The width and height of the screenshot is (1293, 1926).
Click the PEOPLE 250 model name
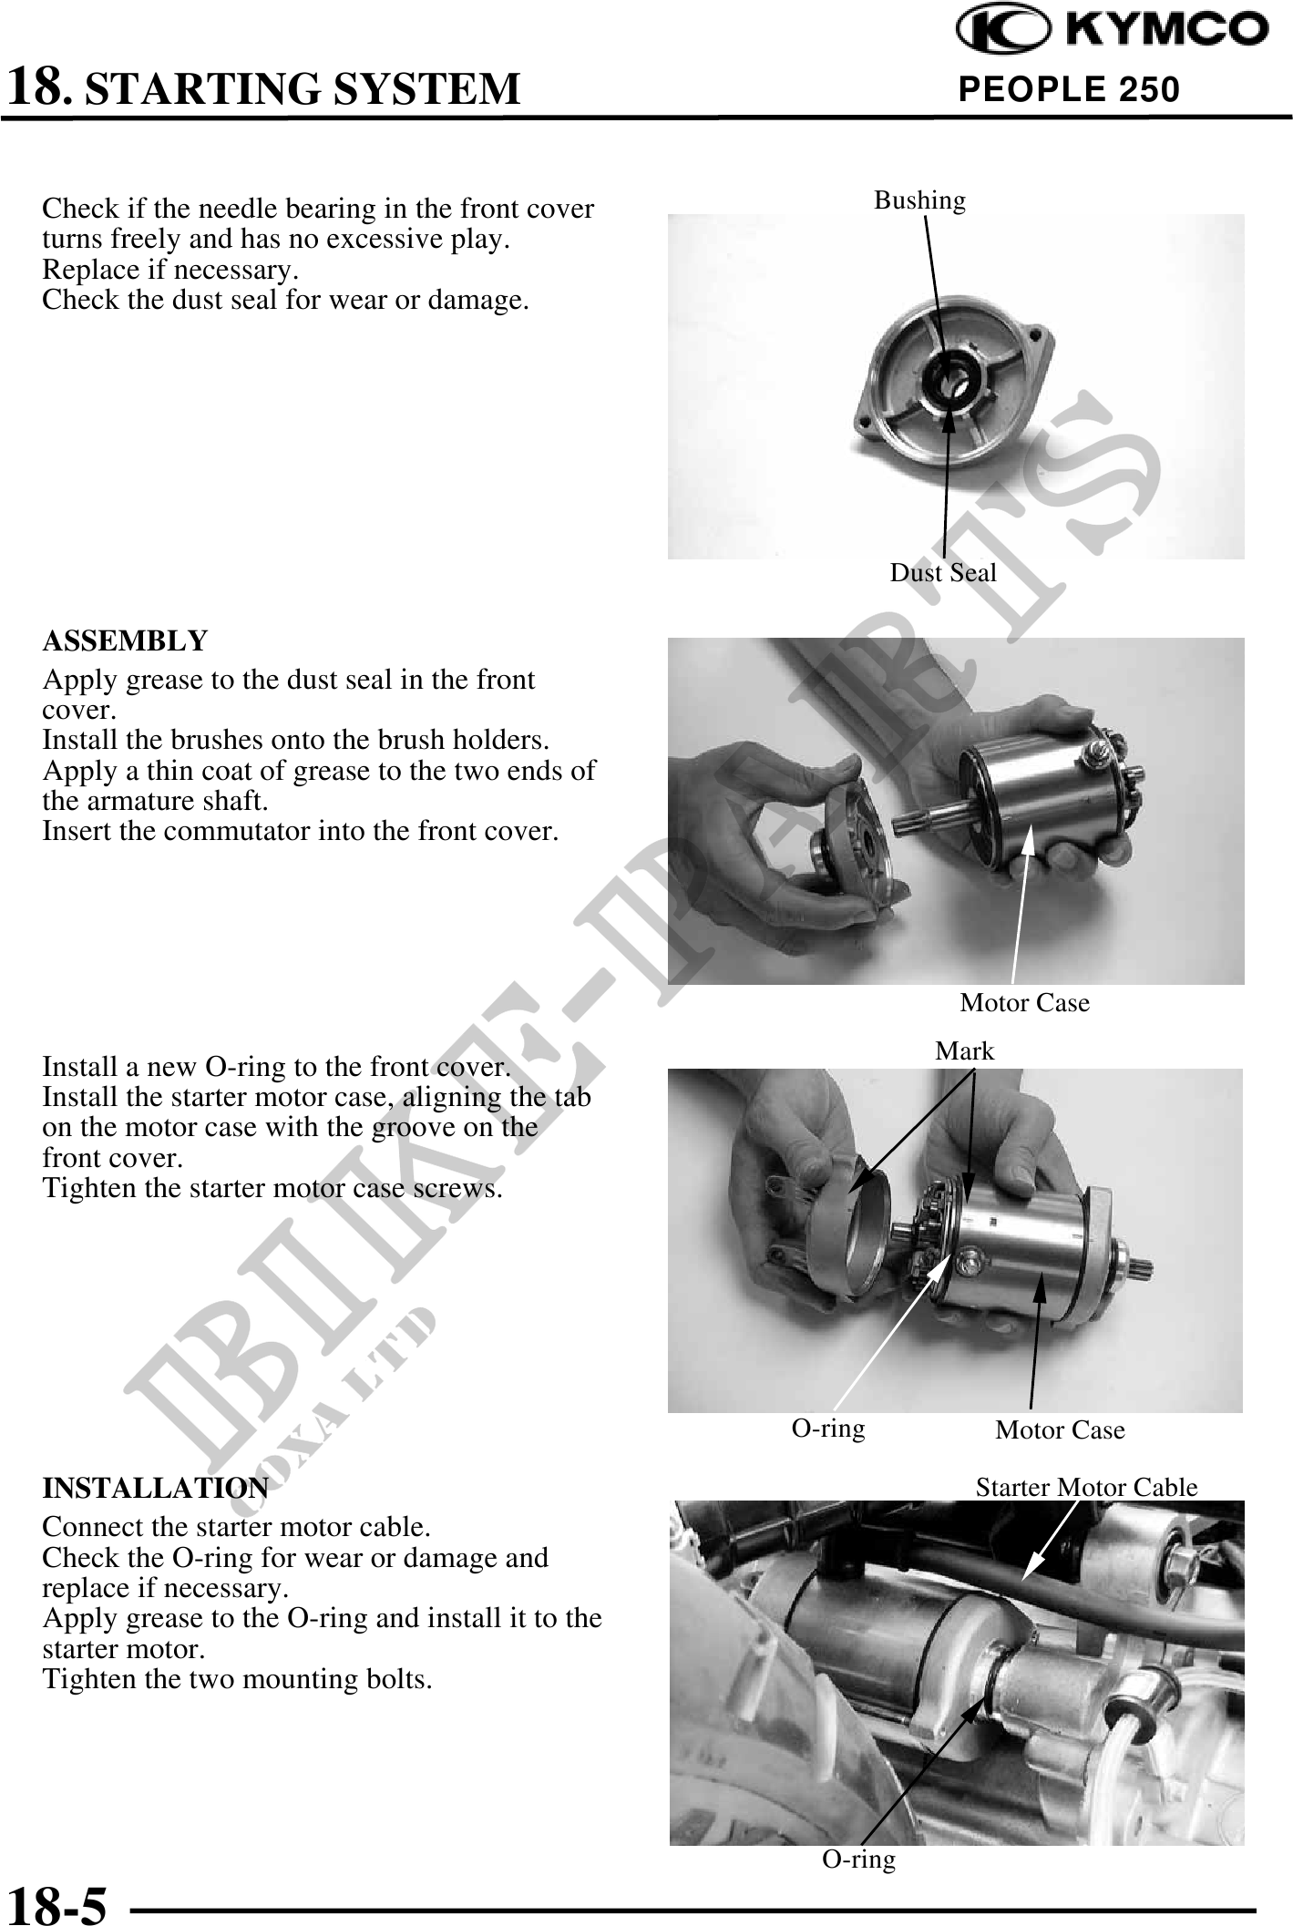tap(1070, 89)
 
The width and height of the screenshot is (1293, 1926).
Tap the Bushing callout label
tap(919, 200)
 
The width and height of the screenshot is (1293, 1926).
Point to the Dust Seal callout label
tap(943, 573)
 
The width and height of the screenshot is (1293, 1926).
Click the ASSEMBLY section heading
tap(125, 641)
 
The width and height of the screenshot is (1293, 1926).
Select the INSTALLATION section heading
tap(155, 1489)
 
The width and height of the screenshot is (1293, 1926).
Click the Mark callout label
tap(965, 1051)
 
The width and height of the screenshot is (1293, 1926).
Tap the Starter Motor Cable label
tap(1086, 1488)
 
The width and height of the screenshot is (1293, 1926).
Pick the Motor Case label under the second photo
tap(1024, 1003)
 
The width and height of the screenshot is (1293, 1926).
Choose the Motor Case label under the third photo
tap(1060, 1430)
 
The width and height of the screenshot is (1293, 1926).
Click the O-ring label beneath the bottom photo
tap(858, 1859)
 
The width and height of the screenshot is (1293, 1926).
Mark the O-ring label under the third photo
tap(827, 1429)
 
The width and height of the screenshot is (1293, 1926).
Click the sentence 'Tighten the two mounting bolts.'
tap(237, 1679)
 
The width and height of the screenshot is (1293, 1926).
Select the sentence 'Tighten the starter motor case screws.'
tap(272, 1189)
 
